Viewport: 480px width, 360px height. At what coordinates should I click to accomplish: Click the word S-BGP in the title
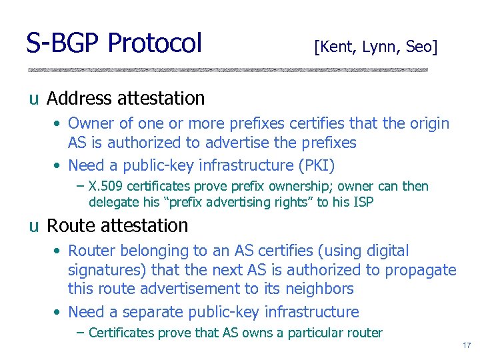tap(63, 43)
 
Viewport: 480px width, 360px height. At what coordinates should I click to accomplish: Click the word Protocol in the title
tap(154, 43)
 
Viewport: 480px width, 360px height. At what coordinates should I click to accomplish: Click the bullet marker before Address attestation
tap(33, 99)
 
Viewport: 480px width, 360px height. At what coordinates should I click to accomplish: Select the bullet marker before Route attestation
tap(33, 227)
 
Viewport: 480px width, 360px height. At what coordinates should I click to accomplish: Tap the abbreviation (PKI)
tap(311, 165)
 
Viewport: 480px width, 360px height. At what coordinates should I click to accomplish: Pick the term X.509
tap(104, 187)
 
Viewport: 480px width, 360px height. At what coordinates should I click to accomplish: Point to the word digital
tap(385, 251)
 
